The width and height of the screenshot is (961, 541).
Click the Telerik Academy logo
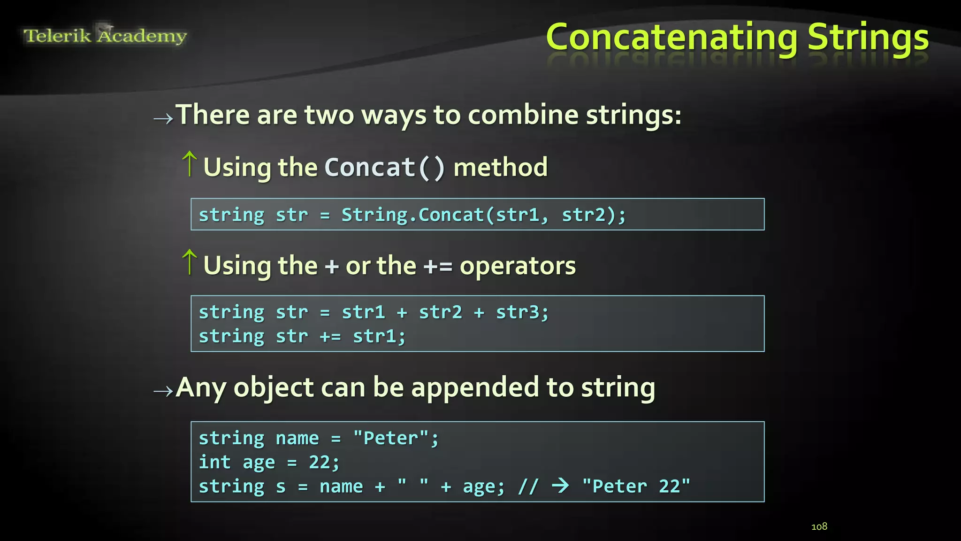pos(105,35)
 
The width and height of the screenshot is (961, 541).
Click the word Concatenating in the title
pos(671,38)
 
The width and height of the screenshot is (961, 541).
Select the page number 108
pos(819,526)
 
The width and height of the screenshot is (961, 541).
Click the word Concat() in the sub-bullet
pos(384,168)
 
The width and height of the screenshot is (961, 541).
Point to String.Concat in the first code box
pos(412,215)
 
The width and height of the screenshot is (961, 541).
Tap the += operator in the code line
pos(330,337)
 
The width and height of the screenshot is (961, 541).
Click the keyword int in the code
pos(214,463)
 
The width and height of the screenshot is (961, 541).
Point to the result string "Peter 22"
pos(636,487)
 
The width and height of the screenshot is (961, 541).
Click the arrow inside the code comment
pos(561,486)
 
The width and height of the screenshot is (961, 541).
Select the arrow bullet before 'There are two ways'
pos(163,118)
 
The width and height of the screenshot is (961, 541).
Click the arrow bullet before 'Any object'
pos(163,391)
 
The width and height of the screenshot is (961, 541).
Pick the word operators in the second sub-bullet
pos(518,266)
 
